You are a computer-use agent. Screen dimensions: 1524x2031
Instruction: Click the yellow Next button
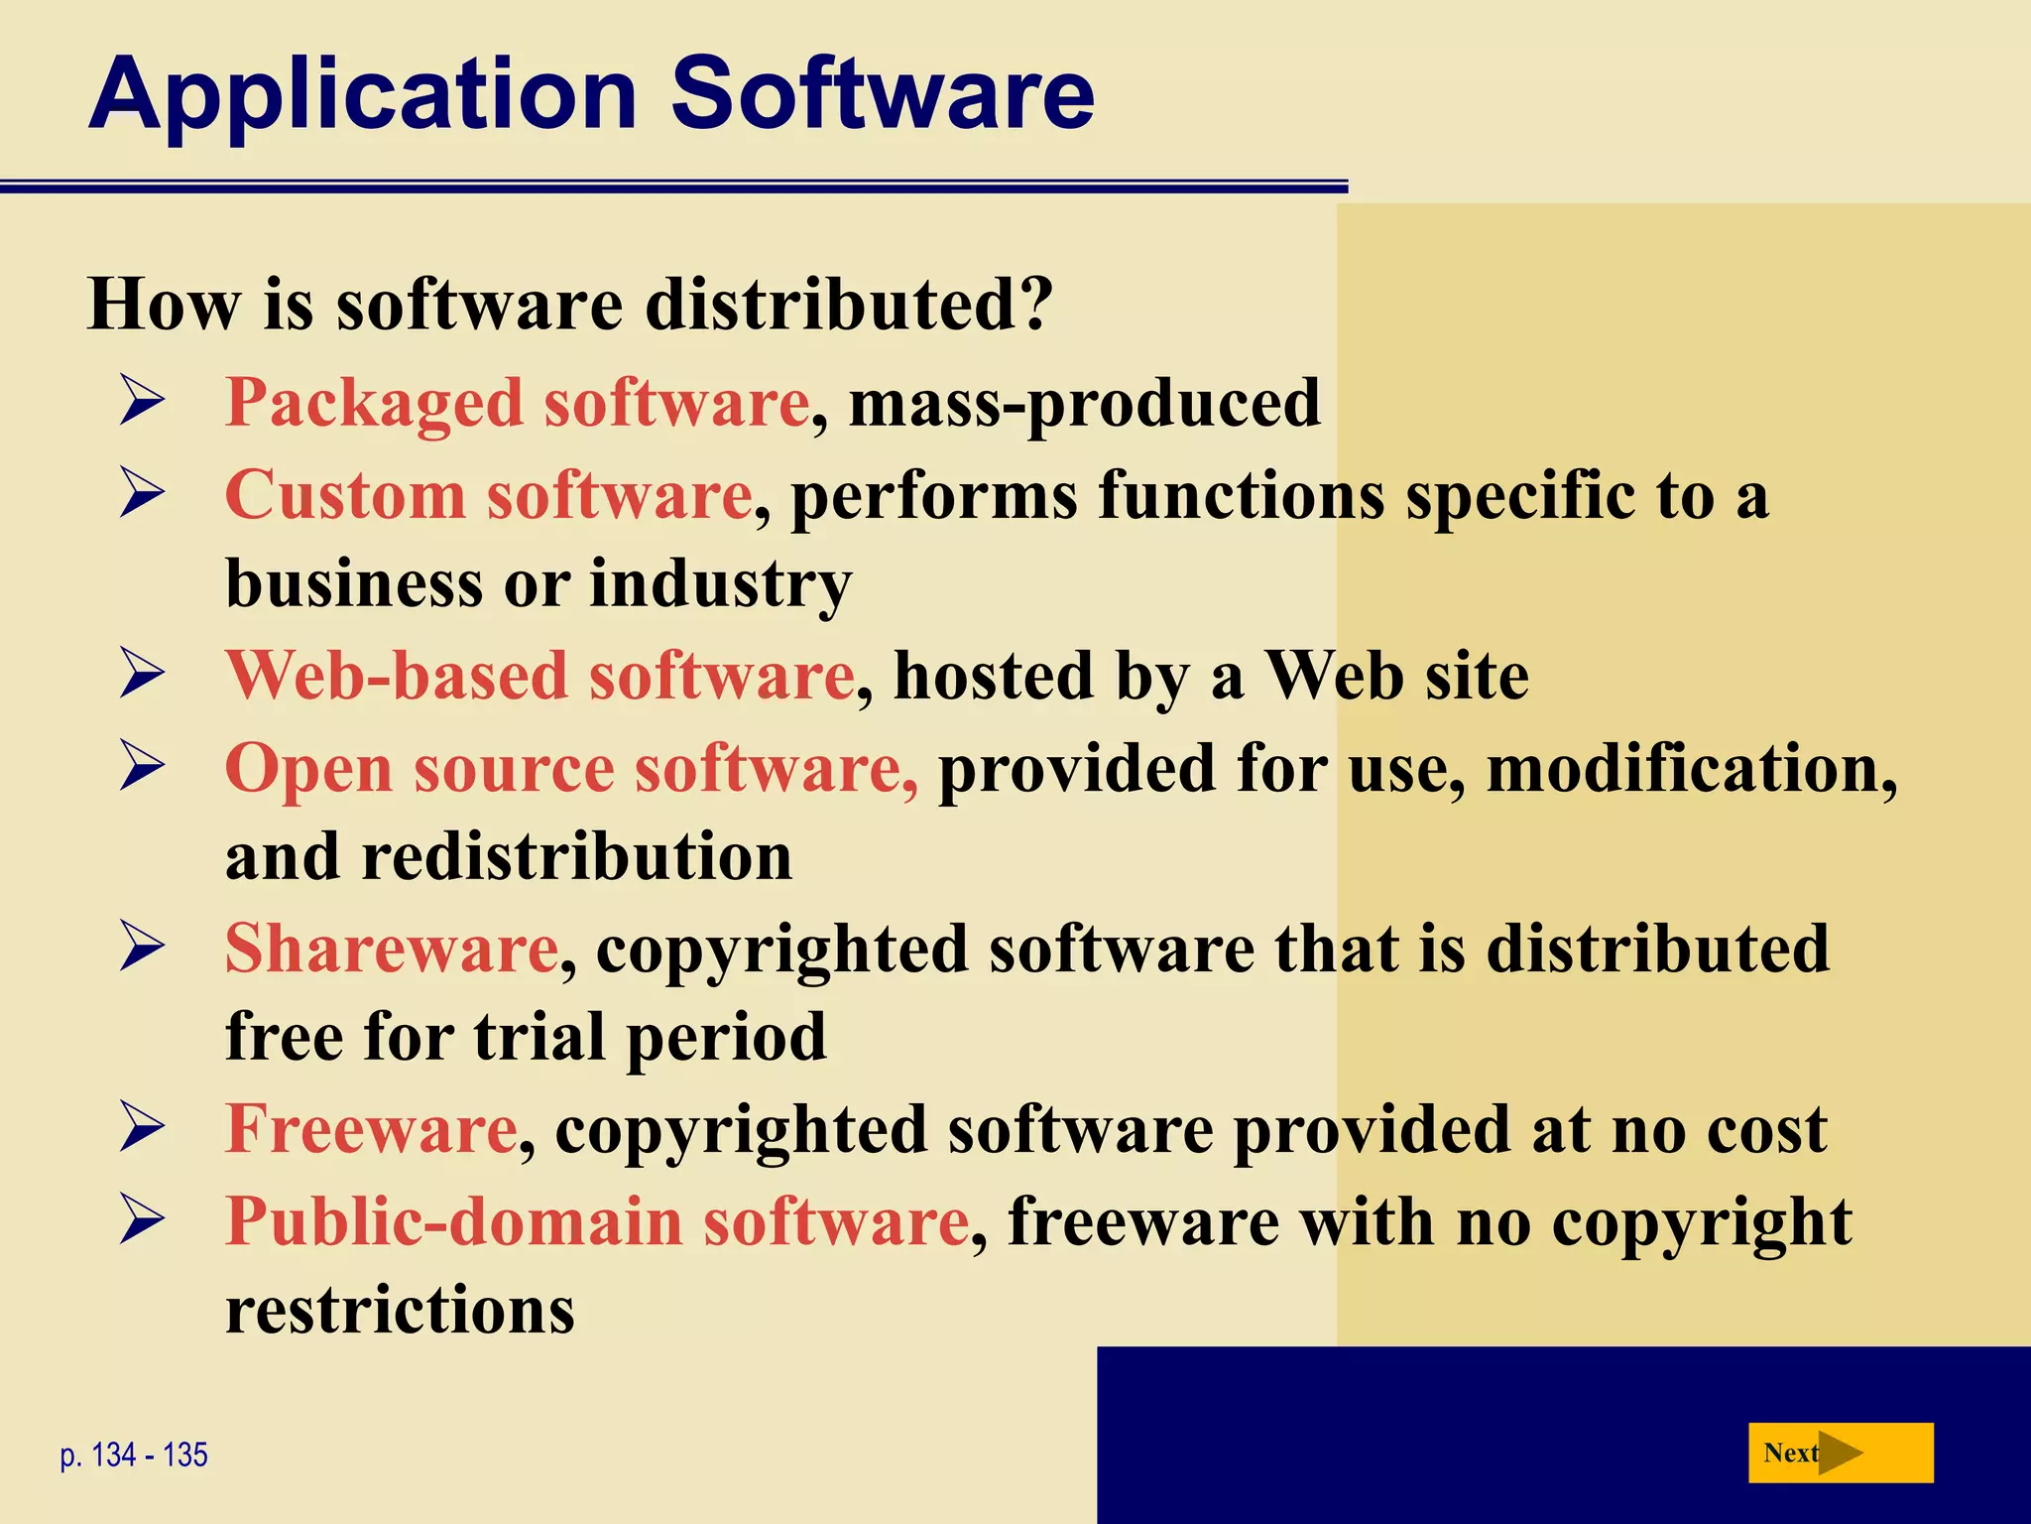click(x=1840, y=1453)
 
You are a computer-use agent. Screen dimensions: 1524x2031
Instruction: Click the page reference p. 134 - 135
click(x=134, y=1456)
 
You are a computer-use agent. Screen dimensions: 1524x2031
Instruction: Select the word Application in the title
click(x=362, y=94)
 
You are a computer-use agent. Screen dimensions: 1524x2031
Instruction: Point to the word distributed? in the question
click(x=849, y=304)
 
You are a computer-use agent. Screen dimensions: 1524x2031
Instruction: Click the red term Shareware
click(x=392, y=949)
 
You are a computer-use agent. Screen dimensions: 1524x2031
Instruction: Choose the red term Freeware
click(x=371, y=1129)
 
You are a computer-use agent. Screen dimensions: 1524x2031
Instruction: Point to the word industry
click(x=721, y=583)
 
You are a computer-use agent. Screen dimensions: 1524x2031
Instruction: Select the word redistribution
click(x=576, y=856)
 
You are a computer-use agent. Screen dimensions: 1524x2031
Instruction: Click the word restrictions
click(x=400, y=1310)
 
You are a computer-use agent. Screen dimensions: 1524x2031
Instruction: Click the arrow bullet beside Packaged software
click(x=142, y=402)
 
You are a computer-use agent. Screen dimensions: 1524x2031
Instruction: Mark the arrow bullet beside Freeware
click(x=142, y=1128)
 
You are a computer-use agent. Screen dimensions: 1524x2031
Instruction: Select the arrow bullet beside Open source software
click(x=142, y=767)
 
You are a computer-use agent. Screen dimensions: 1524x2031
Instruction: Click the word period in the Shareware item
click(x=726, y=1037)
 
